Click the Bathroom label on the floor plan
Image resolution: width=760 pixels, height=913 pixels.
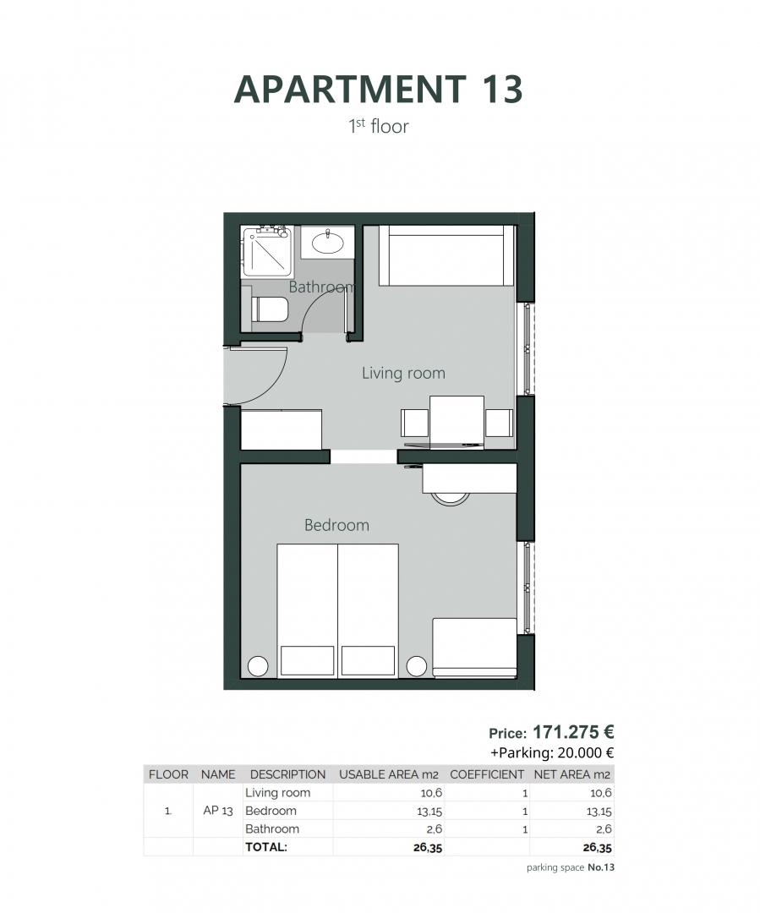tap(320, 287)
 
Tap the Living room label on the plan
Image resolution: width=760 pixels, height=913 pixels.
tap(403, 373)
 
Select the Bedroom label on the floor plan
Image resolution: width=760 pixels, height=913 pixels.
tap(336, 525)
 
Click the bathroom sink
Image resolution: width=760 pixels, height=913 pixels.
tap(328, 243)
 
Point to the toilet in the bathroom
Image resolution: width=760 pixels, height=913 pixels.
tap(270, 309)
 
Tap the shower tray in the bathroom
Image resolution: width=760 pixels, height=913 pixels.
tap(267, 251)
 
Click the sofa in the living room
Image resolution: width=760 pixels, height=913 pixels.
tap(446, 255)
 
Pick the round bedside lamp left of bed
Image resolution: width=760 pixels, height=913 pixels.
tap(258, 666)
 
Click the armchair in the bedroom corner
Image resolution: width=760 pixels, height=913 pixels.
tap(474, 648)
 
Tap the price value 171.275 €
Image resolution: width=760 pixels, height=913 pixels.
tap(573, 732)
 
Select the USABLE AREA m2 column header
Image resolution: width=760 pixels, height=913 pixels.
tap(389, 774)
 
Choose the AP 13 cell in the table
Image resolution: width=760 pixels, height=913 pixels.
tap(218, 811)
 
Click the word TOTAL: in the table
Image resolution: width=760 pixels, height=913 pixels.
tap(266, 846)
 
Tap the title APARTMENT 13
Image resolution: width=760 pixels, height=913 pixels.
tap(379, 90)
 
